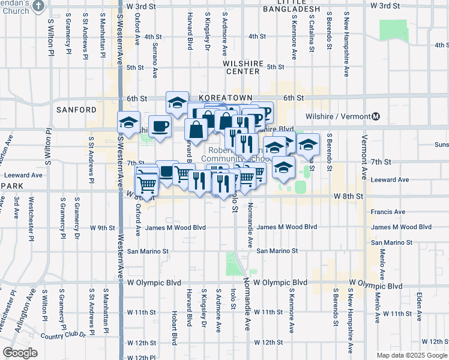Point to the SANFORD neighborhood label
(76, 110)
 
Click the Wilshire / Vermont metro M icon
(376, 116)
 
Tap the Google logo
(20, 353)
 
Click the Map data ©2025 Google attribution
(412, 355)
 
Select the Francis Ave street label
(388, 212)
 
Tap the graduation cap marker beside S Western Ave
(128, 122)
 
